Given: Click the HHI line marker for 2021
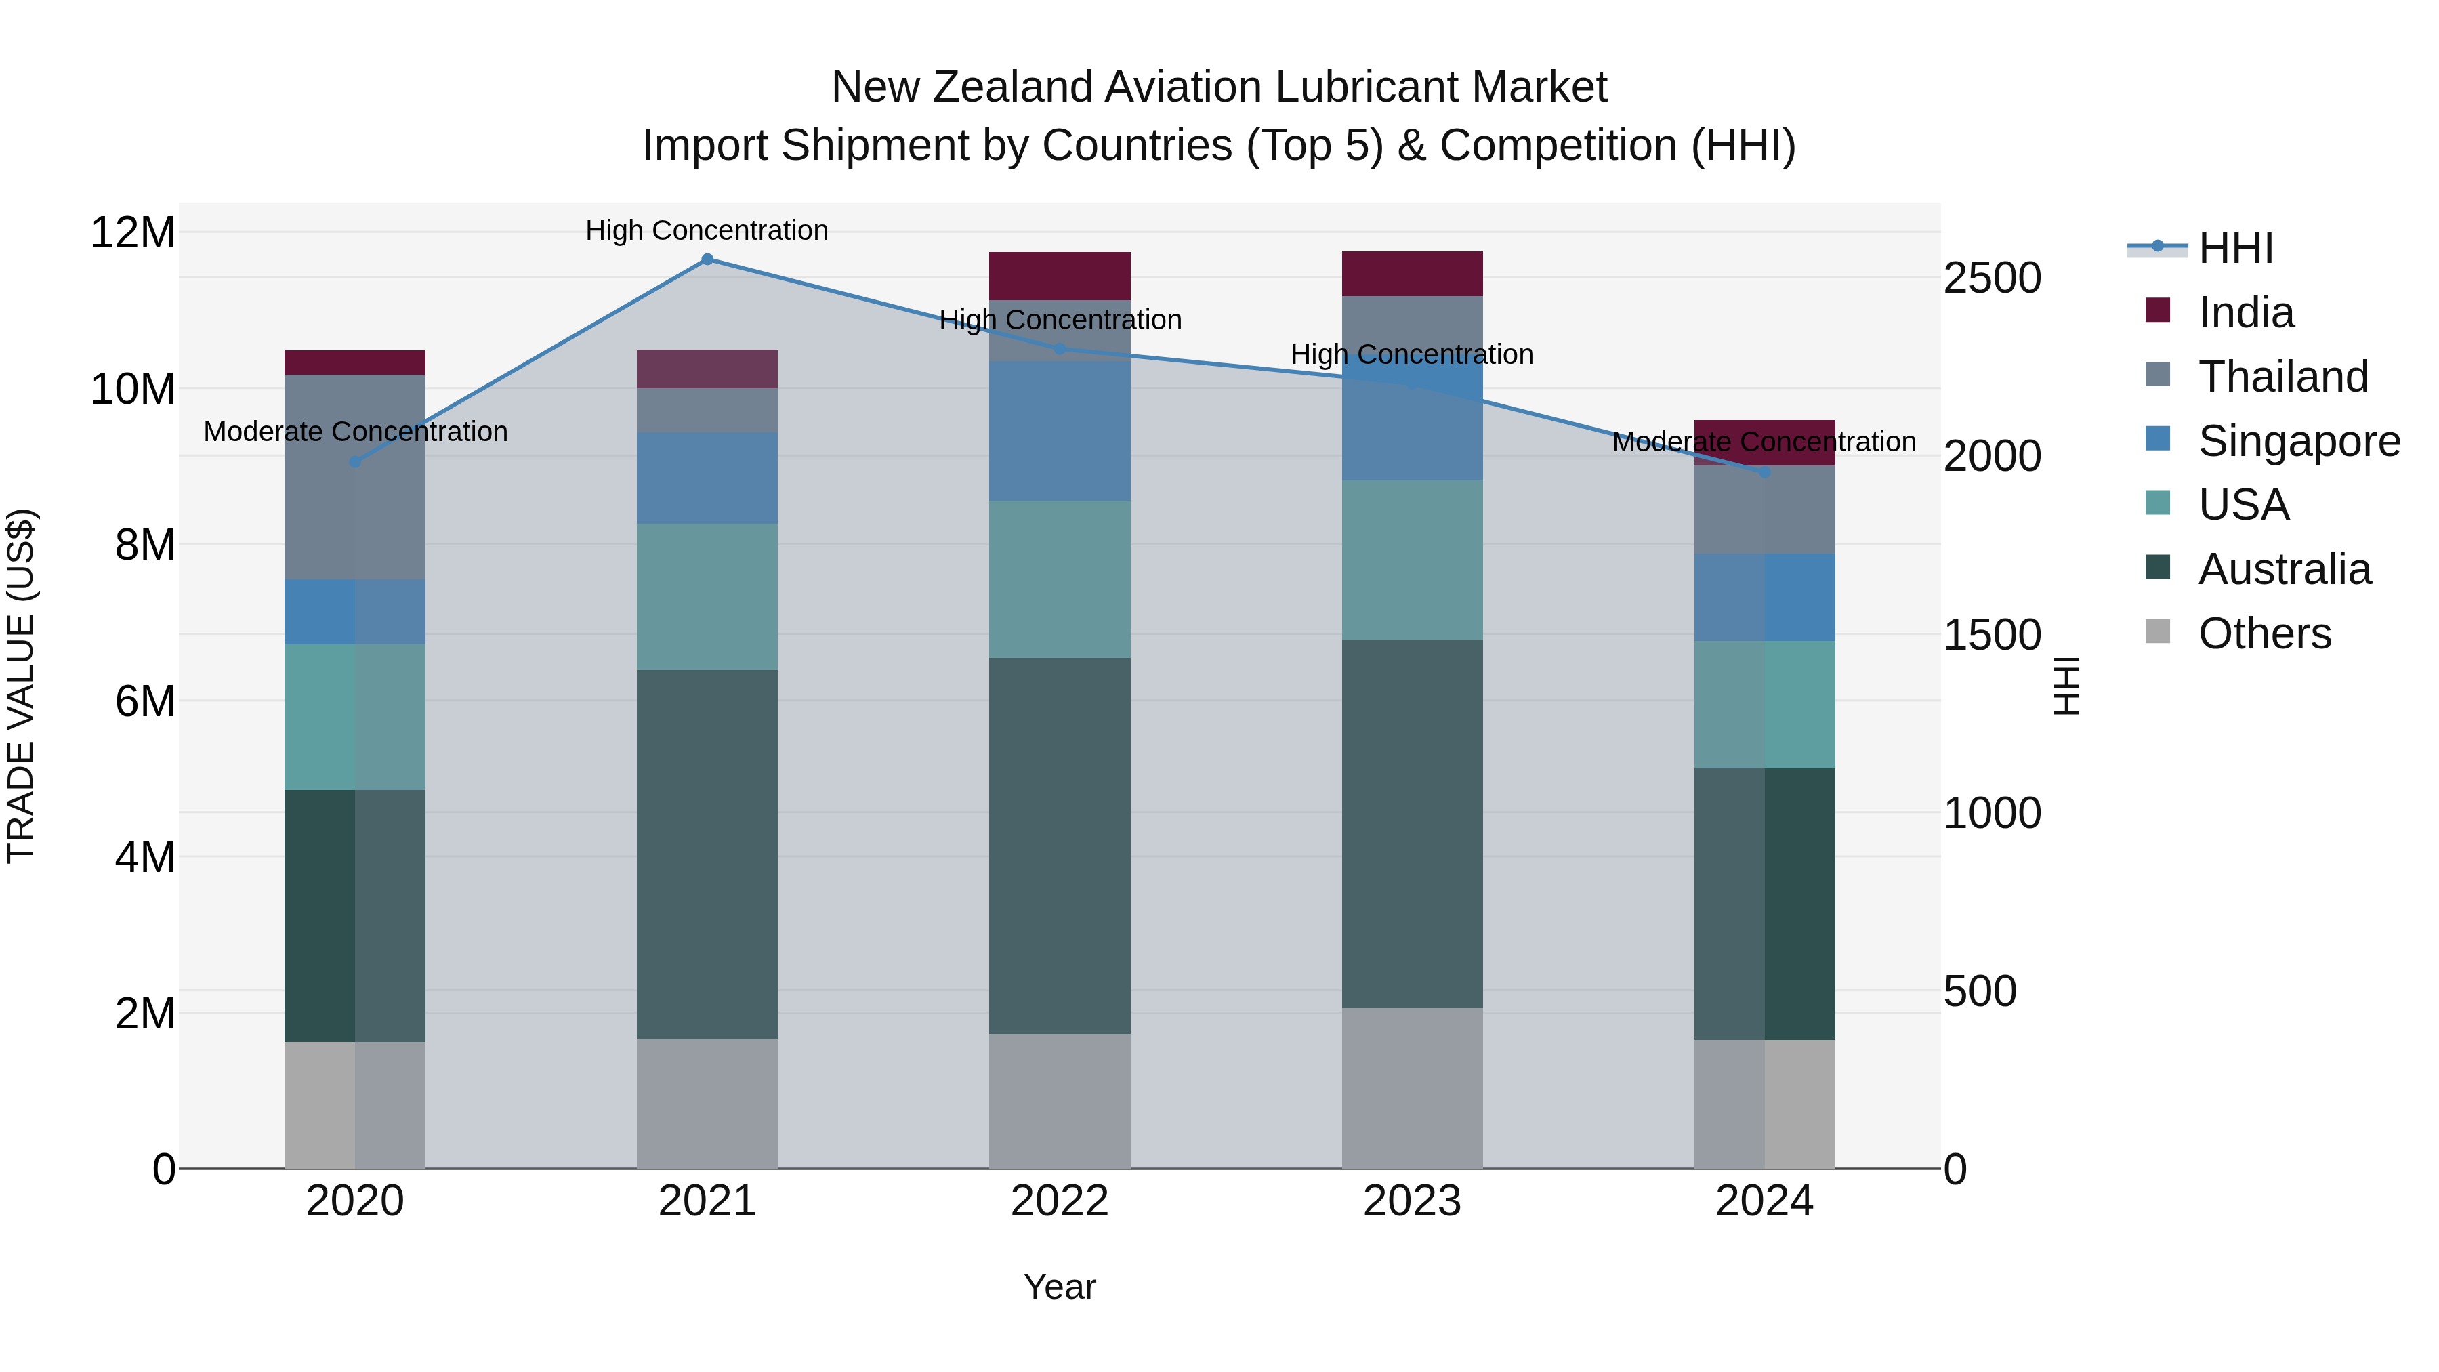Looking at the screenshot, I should click(x=707, y=259).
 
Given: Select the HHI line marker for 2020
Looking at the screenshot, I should click(x=355, y=462).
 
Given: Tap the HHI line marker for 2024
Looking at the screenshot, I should click(x=1764, y=472).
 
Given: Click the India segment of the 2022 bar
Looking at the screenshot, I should click(x=1060, y=276).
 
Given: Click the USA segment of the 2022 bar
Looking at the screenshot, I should click(x=1060, y=579).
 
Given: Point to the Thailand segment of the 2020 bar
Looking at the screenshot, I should click(x=355, y=476).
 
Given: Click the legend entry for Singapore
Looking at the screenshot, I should click(x=2298, y=441).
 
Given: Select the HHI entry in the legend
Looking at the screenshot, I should click(x=2234, y=248).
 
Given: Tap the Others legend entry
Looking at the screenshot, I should click(x=2263, y=633).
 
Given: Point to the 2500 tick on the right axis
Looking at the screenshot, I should click(x=1991, y=278).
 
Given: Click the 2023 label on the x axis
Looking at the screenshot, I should click(x=1412, y=1201).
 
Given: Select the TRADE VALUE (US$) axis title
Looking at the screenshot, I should click(x=22, y=686).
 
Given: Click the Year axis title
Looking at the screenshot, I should click(x=1060, y=1287).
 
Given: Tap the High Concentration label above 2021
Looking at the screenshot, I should click(x=707, y=230).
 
